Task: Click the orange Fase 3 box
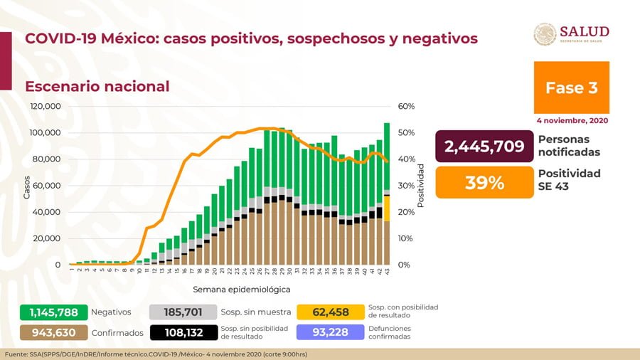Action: [x=571, y=88]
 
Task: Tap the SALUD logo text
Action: [x=584, y=31]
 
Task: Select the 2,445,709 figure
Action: [x=484, y=147]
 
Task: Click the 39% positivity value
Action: [x=484, y=183]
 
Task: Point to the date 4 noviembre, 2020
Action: [x=572, y=121]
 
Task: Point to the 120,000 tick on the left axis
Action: [x=46, y=107]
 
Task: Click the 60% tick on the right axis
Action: [x=406, y=107]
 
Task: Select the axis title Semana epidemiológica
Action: [x=241, y=290]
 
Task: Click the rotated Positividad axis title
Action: [x=420, y=186]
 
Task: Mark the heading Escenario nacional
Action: [x=97, y=87]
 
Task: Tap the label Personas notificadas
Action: [x=569, y=146]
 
